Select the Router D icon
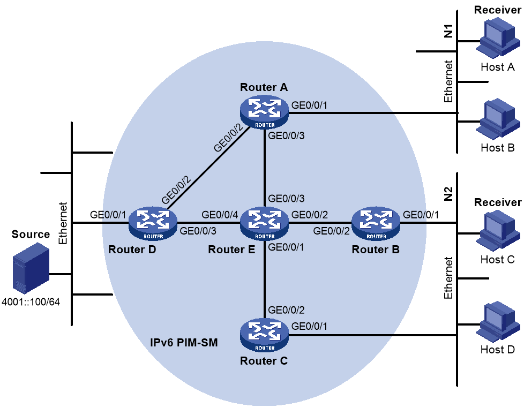click(153, 224)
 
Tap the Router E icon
click(264, 224)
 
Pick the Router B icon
click(376, 224)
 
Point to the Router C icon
click(264, 335)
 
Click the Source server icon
click(31, 268)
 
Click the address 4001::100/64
click(31, 302)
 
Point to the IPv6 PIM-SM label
click(184, 343)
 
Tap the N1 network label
click(448, 31)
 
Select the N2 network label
click(448, 194)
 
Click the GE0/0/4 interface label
click(220, 215)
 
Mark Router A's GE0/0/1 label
click(309, 105)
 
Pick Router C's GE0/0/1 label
click(309, 326)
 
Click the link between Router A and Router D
click(208, 168)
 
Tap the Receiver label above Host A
click(498, 10)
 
